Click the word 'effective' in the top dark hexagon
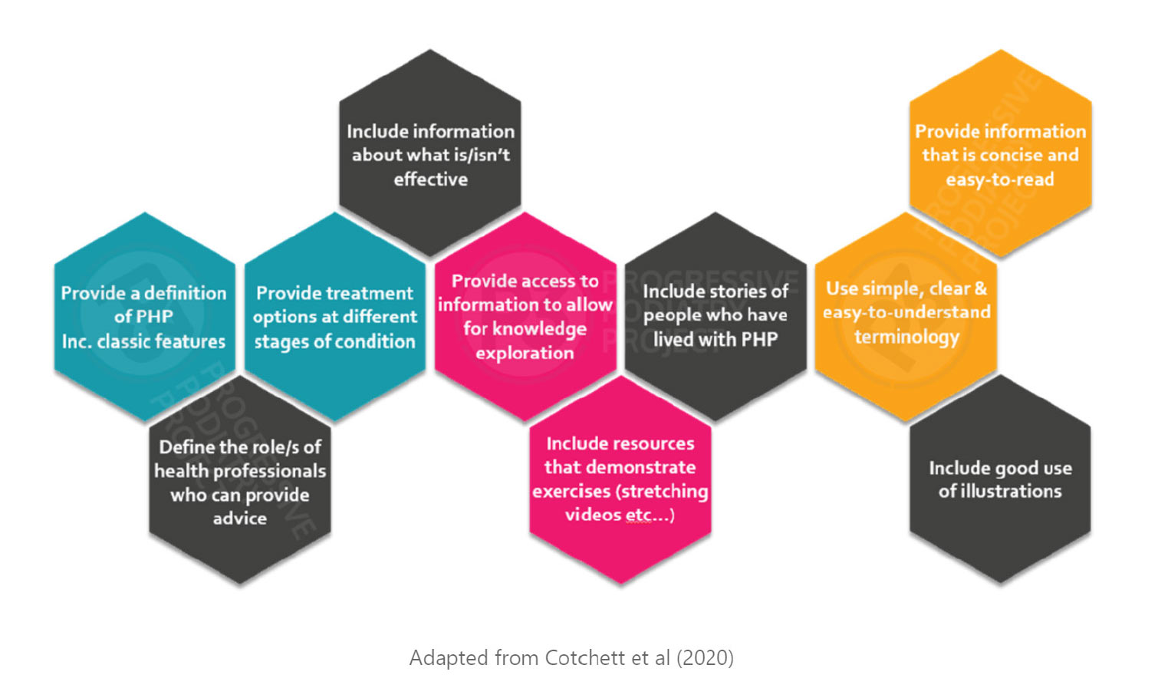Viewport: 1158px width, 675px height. [x=430, y=179]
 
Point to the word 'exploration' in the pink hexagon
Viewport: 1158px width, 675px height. [x=525, y=354]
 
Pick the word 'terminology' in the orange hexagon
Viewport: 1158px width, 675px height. [x=906, y=337]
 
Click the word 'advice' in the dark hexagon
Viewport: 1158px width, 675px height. [x=240, y=519]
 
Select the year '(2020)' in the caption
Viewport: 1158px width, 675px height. [x=705, y=658]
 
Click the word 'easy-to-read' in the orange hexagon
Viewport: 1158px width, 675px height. [x=999, y=179]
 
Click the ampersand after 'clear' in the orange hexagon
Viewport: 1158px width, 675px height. [x=980, y=289]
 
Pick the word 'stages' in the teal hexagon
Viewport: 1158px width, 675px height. [x=277, y=341]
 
